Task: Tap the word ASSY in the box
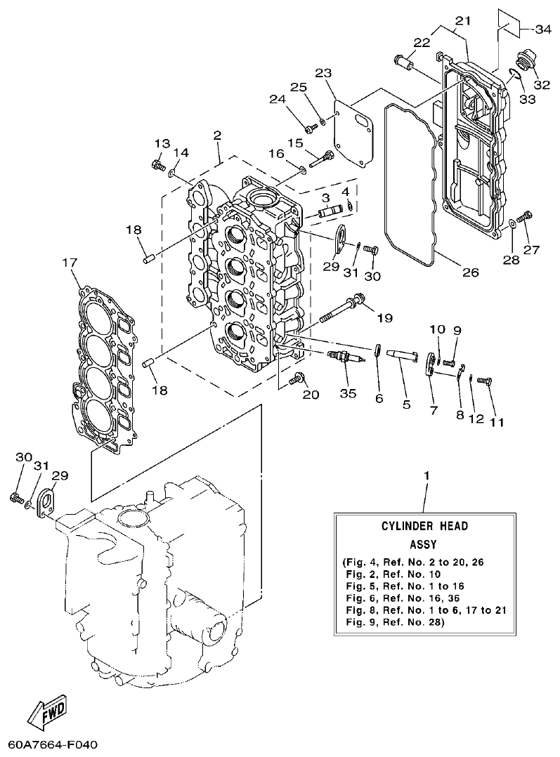(x=424, y=544)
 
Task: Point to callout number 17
(x=68, y=263)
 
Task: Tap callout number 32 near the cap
(x=522, y=85)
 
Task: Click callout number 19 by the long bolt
(x=384, y=317)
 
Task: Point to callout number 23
(x=323, y=73)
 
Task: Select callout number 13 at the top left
(x=162, y=143)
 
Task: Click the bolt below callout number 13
(x=158, y=166)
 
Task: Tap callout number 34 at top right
(x=542, y=29)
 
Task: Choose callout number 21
(x=461, y=20)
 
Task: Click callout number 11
(x=497, y=422)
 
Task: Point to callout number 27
(x=532, y=249)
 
